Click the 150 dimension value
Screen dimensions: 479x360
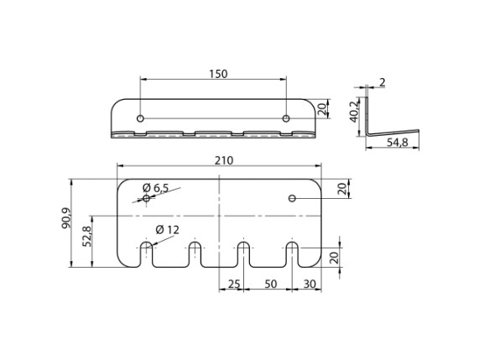[x=218, y=74]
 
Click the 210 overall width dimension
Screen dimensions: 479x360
[x=224, y=160]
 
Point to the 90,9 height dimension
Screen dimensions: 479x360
[x=66, y=218]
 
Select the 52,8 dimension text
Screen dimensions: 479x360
[x=87, y=237]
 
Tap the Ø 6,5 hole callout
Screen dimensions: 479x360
[x=155, y=188]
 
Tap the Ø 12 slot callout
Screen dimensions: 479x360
[x=167, y=229]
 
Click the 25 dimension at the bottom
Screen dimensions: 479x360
[x=234, y=284]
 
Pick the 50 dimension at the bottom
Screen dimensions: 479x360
[x=271, y=284]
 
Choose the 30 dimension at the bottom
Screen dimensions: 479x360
[x=310, y=284]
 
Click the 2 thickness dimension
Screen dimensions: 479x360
[x=383, y=82]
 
